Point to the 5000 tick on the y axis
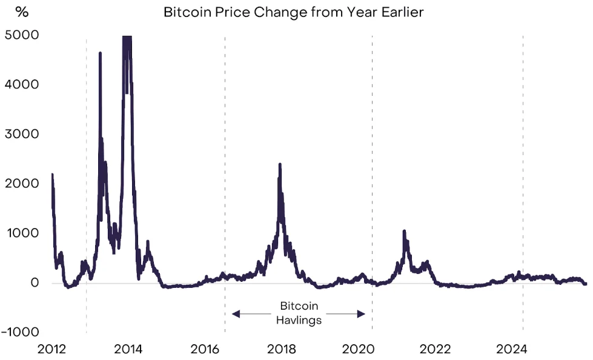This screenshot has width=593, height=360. click(x=22, y=35)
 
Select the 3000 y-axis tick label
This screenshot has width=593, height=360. click(x=22, y=134)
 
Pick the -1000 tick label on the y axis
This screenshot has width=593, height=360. click(x=19, y=332)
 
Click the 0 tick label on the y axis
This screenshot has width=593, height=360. click(x=35, y=283)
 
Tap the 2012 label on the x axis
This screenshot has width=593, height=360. click(x=51, y=349)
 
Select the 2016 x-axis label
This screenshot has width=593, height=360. click(x=205, y=349)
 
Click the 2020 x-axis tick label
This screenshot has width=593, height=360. click(x=359, y=349)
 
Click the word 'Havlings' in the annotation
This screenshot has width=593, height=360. click(x=299, y=320)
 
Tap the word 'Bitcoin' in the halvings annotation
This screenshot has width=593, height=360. click(x=299, y=307)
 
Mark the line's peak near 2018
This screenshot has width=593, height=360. click(x=279, y=164)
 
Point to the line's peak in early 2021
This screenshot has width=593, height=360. click(x=404, y=232)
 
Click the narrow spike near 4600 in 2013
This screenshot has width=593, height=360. click(x=100, y=53)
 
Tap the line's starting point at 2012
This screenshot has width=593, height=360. click(x=52, y=175)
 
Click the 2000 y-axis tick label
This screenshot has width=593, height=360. click(x=22, y=184)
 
